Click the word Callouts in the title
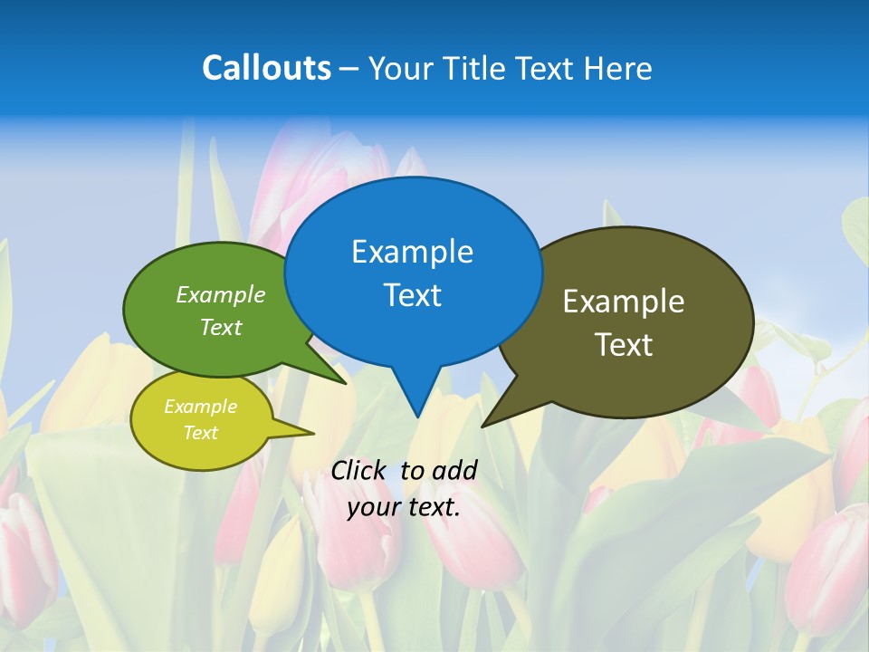(266, 68)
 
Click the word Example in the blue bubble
(412, 252)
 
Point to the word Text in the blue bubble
(412, 295)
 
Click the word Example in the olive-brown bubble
(624, 302)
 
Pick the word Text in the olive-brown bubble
(624, 345)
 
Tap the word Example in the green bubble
(221, 295)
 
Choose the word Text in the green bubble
(221, 327)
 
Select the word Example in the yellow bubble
(200, 407)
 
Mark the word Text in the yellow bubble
(200, 433)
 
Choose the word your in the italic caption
(372, 507)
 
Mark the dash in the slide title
(350, 68)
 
